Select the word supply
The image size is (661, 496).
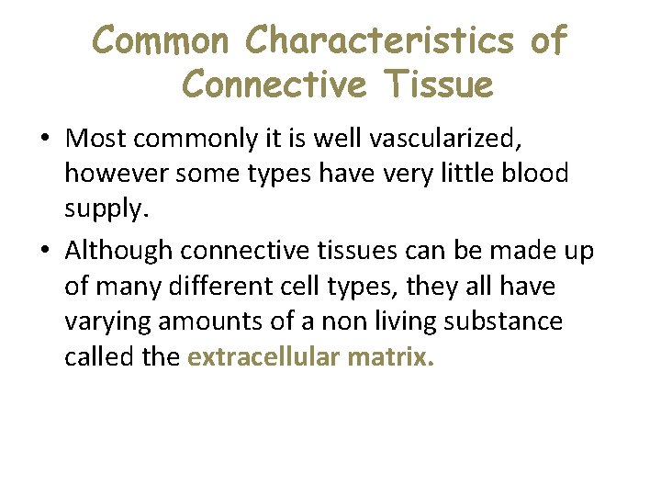[103, 209]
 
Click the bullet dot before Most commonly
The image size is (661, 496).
[44, 139]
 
